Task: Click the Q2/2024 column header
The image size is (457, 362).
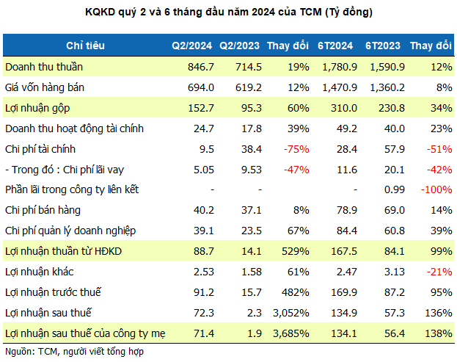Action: [x=191, y=46]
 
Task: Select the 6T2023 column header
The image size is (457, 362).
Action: [x=382, y=46]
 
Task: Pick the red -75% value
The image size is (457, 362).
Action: [x=290, y=149]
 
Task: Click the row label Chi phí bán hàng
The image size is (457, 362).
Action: [x=43, y=211]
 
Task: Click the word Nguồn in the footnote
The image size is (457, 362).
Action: [x=18, y=352]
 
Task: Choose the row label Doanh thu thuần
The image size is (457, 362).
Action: [x=44, y=67]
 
